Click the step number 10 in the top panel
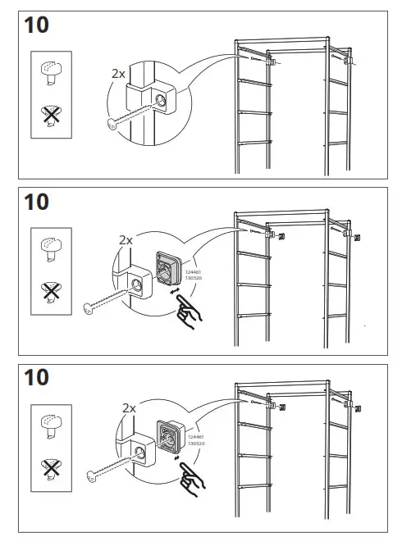coord(37,25)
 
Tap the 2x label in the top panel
coord(118,73)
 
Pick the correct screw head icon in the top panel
coord(50,71)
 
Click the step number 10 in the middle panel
coord(37,201)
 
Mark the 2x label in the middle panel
coord(126,240)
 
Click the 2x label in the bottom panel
coord(129,407)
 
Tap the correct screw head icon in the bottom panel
coord(50,424)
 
